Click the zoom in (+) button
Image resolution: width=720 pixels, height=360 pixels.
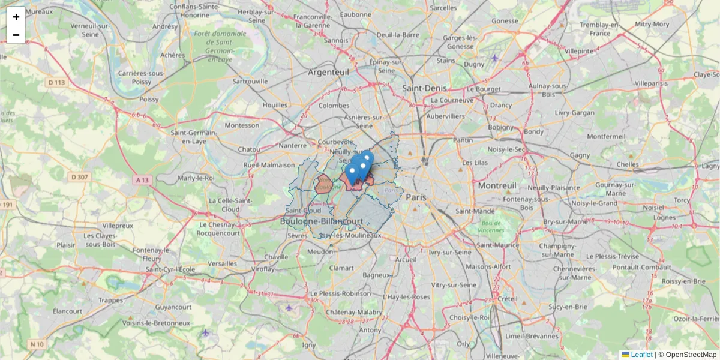tap(16, 16)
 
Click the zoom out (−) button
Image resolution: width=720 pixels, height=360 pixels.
tap(16, 35)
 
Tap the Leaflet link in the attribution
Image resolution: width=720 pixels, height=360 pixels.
tap(641, 355)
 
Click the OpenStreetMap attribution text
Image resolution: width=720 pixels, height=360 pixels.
tap(691, 355)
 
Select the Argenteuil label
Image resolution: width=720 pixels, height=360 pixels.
tap(328, 72)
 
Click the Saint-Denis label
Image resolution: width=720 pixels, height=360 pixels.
tap(424, 88)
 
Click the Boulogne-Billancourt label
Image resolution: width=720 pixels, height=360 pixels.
tap(322, 221)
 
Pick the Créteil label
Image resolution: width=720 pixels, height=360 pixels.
tap(507, 298)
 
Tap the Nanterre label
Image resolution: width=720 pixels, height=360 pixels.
tap(293, 145)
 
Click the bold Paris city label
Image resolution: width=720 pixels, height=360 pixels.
tap(416, 197)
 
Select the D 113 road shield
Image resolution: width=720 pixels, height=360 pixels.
tap(57, 82)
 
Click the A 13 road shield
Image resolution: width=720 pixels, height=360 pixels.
tap(142, 179)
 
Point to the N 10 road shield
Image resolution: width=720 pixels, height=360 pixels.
tap(37, 344)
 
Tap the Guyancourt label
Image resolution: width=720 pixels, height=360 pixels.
tap(172, 306)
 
